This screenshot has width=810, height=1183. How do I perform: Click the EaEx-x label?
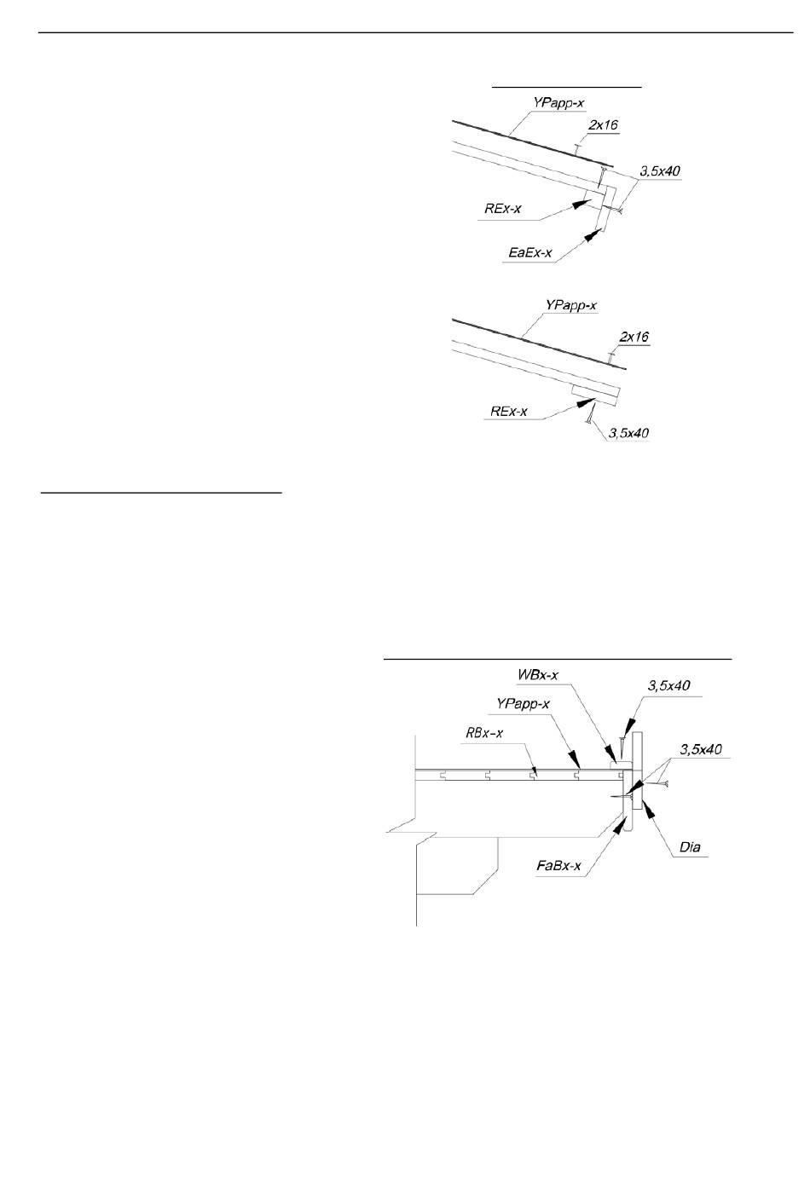tap(530, 252)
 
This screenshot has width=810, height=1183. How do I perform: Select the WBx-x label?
tap(538, 674)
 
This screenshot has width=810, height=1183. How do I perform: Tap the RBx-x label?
tap(484, 733)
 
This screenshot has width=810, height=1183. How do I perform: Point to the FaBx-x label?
tap(558, 866)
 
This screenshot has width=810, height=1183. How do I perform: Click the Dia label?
tap(690, 847)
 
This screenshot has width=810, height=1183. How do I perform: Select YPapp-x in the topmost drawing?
tap(558, 103)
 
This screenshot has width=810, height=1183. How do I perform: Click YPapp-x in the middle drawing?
tap(571, 305)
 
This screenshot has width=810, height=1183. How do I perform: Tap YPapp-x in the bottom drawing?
tap(523, 703)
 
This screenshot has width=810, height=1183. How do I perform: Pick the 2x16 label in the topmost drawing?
tap(604, 125)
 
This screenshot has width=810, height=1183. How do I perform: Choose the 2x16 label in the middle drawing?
tap(634, 337)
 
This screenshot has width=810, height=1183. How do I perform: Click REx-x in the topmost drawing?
tap(502, 209)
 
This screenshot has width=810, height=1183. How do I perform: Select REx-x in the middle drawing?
tap(509, 411)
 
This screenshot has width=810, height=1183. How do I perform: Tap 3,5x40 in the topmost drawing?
tap(660, 171)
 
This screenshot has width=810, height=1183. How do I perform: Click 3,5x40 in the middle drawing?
tap(628, 433)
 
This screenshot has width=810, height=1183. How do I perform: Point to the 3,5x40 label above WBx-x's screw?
tap(669, 685)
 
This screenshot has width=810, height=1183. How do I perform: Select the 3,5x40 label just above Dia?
tap(701, 749)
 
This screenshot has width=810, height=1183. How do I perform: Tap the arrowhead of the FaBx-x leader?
tap(619, 826)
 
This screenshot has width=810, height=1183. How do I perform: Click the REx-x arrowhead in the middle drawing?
tap(586, 402)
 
